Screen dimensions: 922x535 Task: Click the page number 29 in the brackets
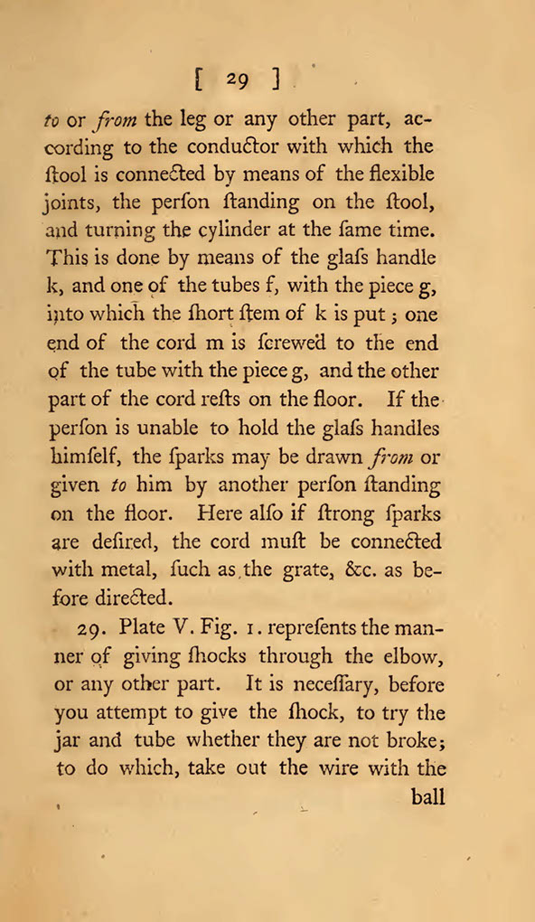[x=238, y=80]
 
